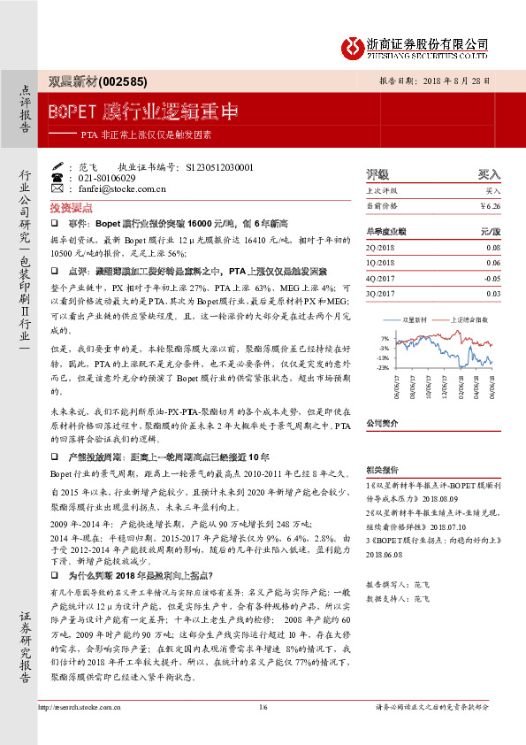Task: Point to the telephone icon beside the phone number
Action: (58, 177)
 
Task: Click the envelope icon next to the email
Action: (58, 188)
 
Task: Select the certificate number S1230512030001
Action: (218, 166)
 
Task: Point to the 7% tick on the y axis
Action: (384, 338)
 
